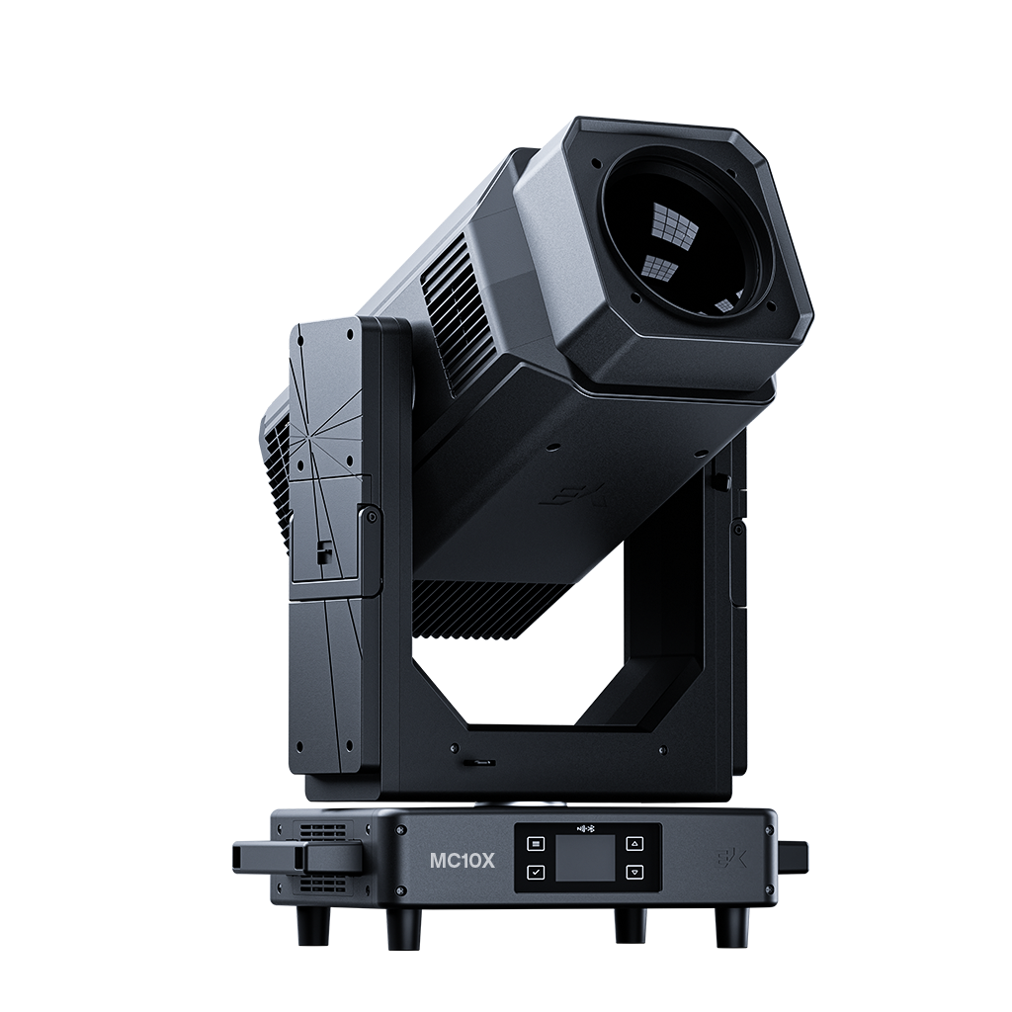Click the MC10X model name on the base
(x=463, y=861)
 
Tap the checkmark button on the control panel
(x=536, y=873)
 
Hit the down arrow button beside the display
(x=635, y=873)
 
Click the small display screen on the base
(x=585, y=858)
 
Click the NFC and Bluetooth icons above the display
(x=586, y=827)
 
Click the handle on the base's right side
(x=793, y=854)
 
